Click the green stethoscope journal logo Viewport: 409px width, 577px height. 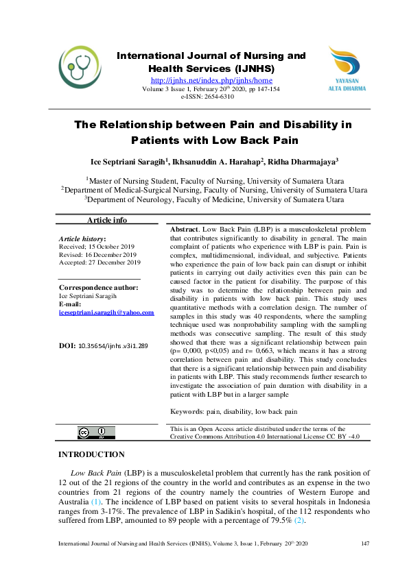coord(80,66)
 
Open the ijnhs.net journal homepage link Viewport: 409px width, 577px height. coord(211,80)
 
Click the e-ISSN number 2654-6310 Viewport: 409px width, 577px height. coord(219,97)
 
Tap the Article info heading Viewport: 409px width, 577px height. coord(106,220)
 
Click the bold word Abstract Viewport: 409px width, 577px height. coord(185,229)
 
